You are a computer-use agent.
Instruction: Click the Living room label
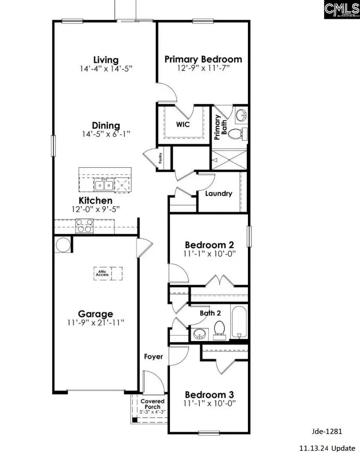point(106,60)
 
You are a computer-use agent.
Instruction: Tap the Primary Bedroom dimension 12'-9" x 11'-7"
point(203,68)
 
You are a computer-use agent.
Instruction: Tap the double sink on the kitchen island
point(104,185)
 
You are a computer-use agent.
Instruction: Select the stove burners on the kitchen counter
point(84,226)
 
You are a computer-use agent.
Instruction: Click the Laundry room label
point(218,194)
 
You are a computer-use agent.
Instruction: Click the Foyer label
point(154,356)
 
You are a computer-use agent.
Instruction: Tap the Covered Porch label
point(150,403)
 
